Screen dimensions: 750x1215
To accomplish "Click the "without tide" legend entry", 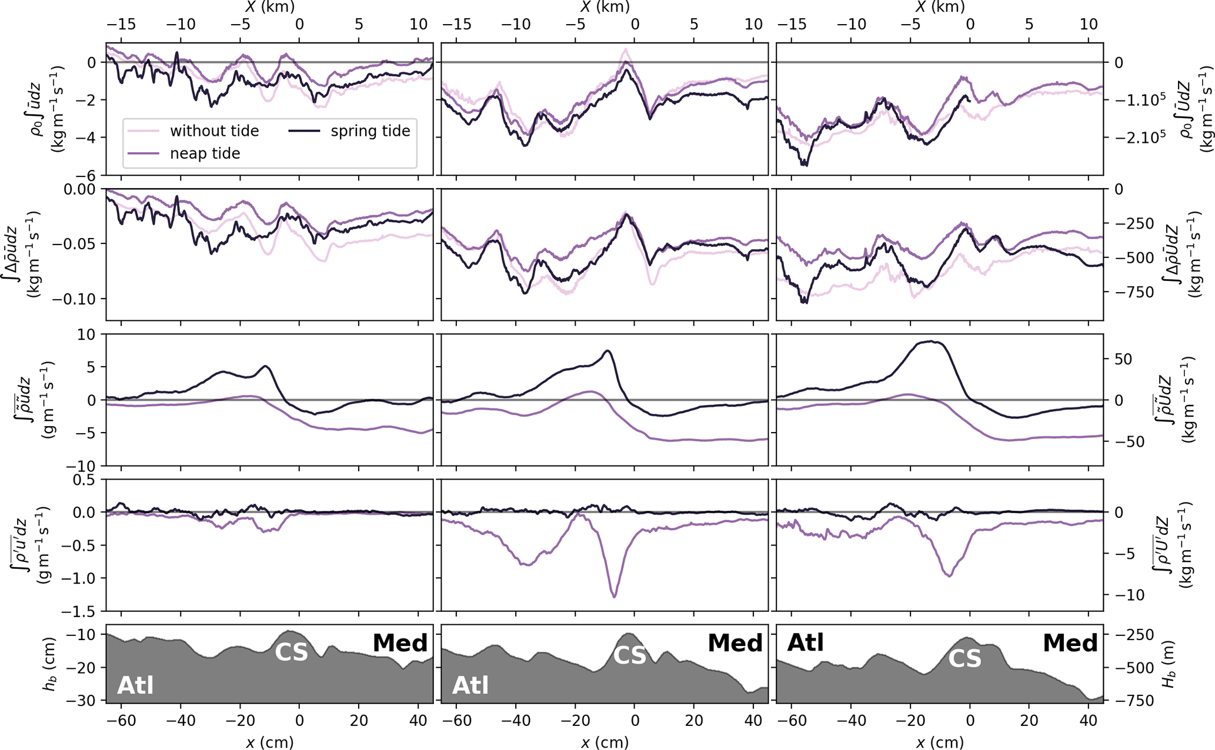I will (x=214, y=130).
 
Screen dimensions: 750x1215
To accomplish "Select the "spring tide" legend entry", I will (x=370, y=130).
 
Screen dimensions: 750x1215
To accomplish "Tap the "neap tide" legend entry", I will (x=205, y=153).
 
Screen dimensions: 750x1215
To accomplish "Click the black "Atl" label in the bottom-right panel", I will (x=805, y=642).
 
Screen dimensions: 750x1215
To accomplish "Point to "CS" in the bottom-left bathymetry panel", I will (x=292, y=652).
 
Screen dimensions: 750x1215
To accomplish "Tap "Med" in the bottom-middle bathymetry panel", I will (x=735, y=643).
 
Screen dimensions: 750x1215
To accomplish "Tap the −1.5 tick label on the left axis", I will (x=80, y=611).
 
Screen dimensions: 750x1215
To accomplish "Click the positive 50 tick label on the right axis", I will (x=1123, y=359).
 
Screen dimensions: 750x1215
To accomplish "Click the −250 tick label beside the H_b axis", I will (x=1129, y=635).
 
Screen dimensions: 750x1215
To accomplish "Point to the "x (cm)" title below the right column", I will (x=939, y=742).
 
